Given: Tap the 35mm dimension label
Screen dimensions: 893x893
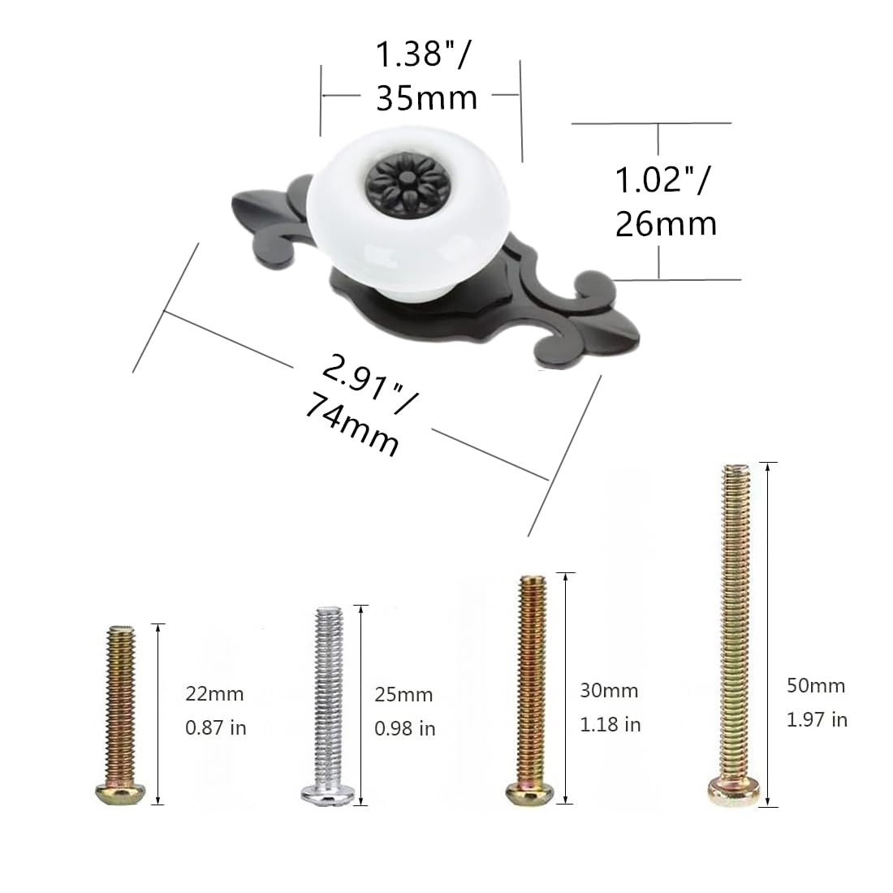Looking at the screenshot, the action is coord(426,98).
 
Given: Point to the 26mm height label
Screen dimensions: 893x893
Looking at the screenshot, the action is coord(666,223).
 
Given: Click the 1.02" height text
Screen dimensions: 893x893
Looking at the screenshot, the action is coord(662,179).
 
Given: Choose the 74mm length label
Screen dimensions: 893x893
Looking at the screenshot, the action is coord(352,427).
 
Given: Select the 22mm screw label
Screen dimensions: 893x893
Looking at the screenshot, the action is coord(214,694).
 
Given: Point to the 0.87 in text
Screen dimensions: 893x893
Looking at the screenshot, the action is coord(215,727).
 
